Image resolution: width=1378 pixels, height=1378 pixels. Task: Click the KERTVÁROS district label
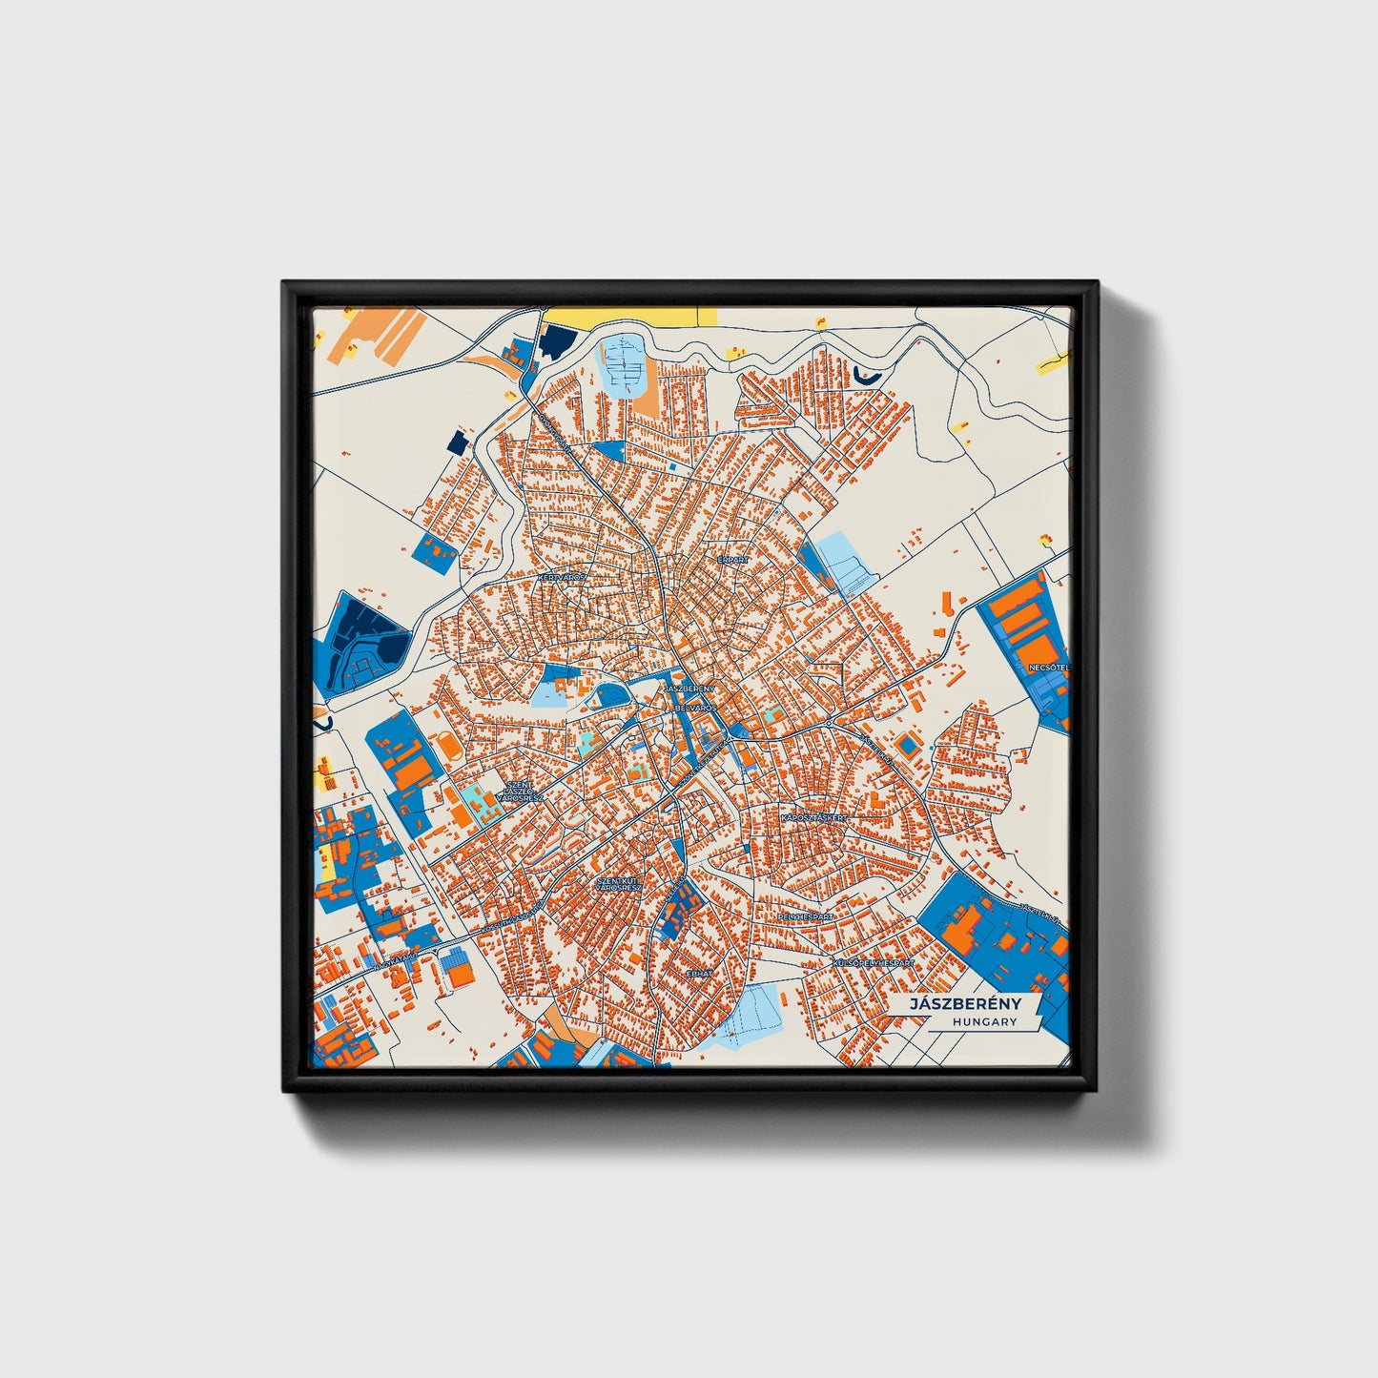562,578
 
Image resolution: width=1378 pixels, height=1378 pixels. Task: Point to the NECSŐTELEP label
1048,668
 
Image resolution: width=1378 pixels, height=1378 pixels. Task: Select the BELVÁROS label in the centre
695,709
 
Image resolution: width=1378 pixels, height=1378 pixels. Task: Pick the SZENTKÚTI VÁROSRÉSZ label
619,884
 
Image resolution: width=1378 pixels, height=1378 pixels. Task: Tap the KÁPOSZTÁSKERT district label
812,818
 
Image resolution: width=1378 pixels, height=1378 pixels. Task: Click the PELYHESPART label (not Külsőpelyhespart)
806,916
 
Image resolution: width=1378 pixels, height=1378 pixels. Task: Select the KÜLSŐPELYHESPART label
873,964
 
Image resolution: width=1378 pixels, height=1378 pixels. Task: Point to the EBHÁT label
700,974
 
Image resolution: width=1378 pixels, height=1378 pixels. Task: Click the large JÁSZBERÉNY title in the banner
965,1004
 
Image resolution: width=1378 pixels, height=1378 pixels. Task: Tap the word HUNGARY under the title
984,1022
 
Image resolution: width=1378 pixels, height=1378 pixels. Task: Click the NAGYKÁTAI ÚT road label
396,956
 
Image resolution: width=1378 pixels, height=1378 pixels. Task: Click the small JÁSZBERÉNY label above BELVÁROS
690,688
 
